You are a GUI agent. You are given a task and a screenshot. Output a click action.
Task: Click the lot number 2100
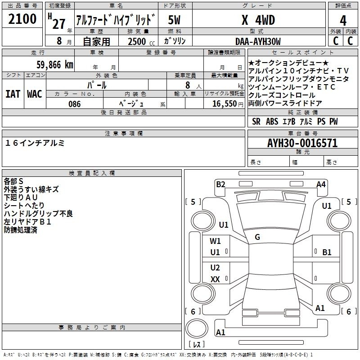22,19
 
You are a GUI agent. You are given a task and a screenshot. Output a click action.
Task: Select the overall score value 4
343,20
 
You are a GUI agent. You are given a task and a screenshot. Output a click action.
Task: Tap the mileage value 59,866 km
55,65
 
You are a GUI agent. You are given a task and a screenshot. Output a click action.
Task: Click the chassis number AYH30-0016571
302,143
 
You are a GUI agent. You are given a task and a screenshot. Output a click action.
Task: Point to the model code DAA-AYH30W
258,41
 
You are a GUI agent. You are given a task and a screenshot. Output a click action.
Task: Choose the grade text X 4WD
258,20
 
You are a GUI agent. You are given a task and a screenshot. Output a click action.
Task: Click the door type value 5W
174,20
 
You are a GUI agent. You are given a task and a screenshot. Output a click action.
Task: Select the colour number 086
75,104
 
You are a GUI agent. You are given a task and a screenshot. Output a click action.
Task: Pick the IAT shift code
13,94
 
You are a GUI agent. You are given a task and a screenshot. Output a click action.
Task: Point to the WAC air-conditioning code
35,94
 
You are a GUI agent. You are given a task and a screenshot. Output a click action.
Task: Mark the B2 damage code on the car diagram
220,184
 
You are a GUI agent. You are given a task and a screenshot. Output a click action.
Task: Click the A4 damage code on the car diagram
321,184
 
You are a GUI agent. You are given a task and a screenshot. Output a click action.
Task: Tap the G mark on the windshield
257,237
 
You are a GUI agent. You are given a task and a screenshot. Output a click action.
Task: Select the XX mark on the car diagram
215,279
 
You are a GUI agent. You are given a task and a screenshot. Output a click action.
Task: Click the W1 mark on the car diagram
215,241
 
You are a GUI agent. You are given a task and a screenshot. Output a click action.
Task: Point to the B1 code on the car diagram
327,252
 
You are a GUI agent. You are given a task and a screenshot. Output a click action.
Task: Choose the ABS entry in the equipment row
272,121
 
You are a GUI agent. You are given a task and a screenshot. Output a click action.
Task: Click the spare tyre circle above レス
197,328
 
